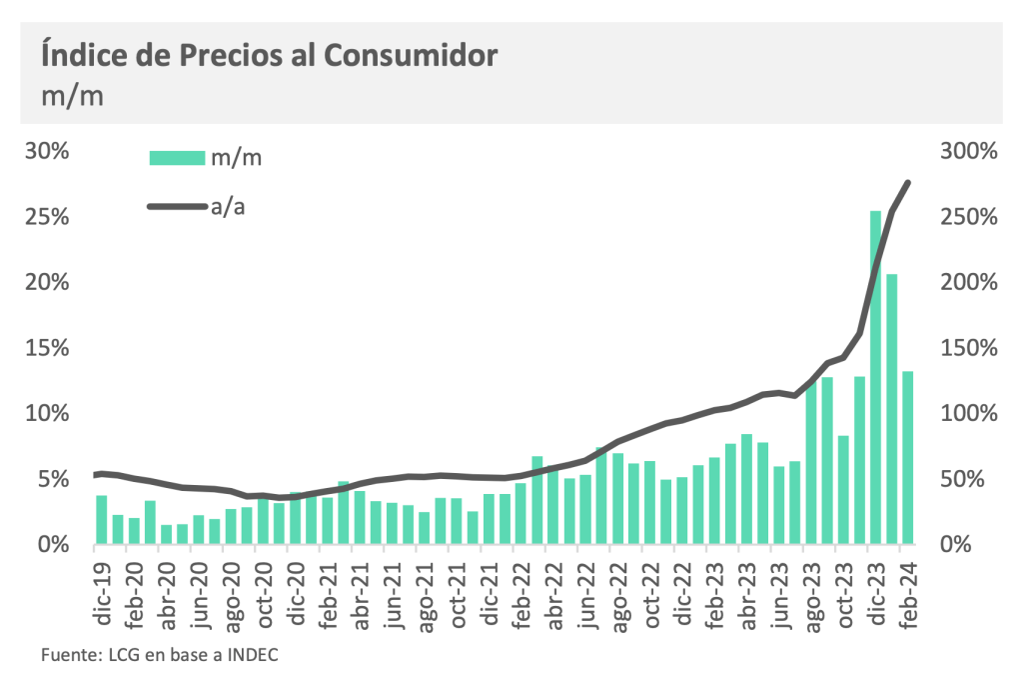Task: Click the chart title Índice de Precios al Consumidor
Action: pos(269,55)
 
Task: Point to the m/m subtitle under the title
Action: pos(72,97)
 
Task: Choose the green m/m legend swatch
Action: pos(178,157)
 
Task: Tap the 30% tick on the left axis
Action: pos(48,151)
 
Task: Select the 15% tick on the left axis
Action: pos(48,348)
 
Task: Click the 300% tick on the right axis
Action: pos(969,151)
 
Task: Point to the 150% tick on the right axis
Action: pos(969,348)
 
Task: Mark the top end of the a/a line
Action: pos(907,182)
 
